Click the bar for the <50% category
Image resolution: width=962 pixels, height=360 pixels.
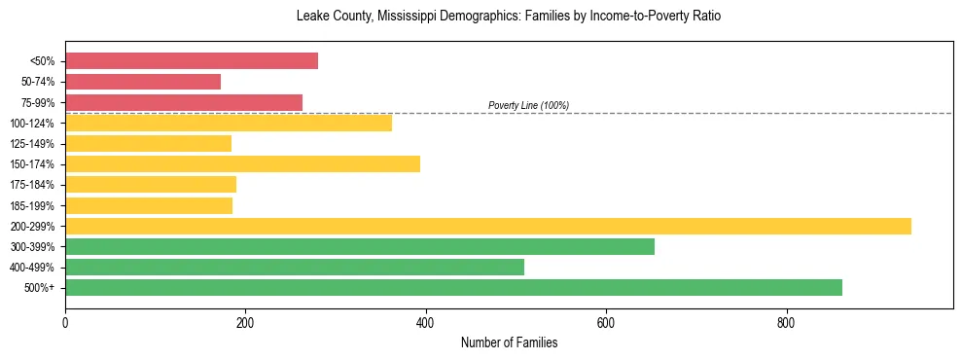(192, 61)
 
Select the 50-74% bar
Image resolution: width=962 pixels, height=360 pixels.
(143, 82)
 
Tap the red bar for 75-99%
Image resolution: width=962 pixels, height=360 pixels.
(184, 102)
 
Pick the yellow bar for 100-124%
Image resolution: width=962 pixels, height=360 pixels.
(229, 123)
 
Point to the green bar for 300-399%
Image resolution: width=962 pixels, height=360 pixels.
(360, 246)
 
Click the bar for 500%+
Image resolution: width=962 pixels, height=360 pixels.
(453, 287)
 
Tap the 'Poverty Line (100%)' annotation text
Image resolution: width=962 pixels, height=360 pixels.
(528, 105)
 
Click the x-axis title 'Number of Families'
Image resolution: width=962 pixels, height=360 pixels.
(509, 342)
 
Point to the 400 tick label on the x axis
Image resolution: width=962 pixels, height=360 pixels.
(426, 322)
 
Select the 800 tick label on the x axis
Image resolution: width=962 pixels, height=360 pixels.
(786, 322)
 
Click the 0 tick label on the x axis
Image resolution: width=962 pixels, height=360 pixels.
(65, 322)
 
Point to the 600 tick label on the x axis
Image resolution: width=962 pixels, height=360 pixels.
(606, 322)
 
